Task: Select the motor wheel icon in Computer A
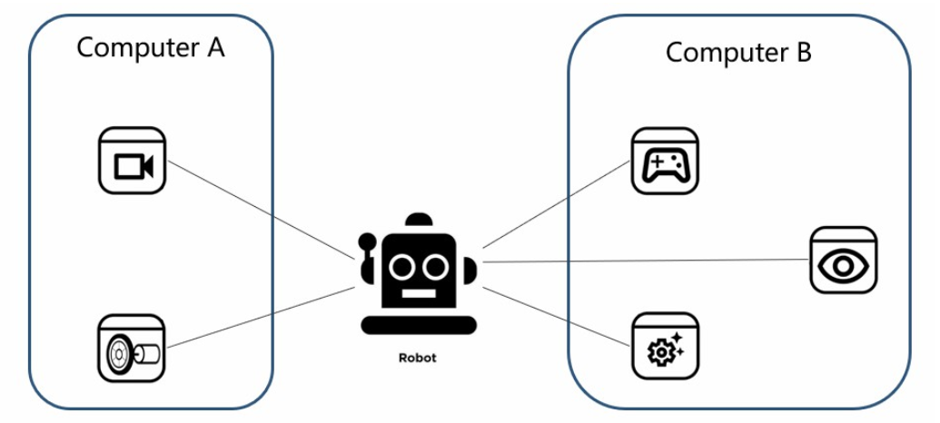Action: point(132,349)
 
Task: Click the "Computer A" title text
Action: point(150,47)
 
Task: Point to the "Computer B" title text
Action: point(738,52)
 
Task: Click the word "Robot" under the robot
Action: point(418,358)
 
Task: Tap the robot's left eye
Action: point(401,265)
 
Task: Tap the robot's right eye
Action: point(435,265)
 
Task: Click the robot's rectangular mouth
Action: point(418,295)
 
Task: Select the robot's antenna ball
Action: point(367,241)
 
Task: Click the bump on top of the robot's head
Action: point(419,221)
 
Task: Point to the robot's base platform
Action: point(418,324)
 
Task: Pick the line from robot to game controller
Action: point(556,205)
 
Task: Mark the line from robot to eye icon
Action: point(645,261)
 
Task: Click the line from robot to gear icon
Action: point(556,317)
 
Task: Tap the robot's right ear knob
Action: point(469,270)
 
